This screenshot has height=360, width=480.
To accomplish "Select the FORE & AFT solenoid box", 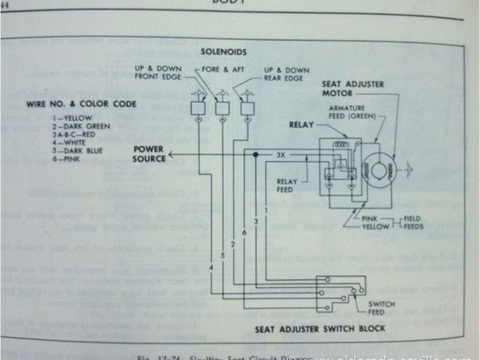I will click(222, 109).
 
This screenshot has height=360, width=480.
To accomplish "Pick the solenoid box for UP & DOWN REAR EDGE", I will click(247, 109).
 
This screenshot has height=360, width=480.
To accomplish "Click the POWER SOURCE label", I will click(148, 154).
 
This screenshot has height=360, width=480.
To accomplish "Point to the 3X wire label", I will click(280, 154).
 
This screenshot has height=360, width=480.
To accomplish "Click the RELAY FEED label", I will click(288, 185).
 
